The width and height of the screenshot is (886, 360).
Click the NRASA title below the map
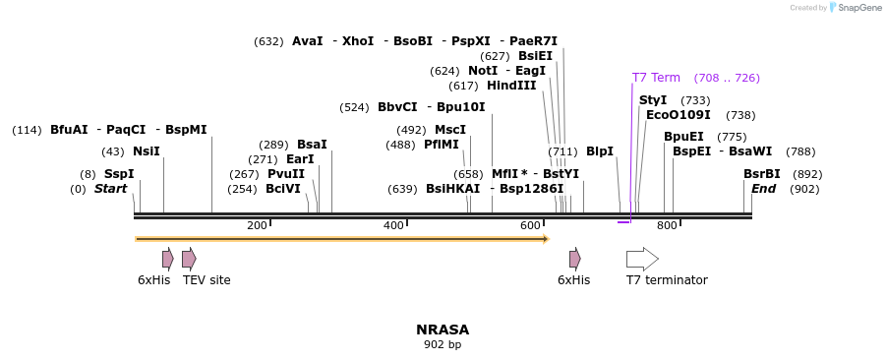[443, 330]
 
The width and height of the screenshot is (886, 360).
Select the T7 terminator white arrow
[642, 259]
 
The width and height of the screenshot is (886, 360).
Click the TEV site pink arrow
[189, 259]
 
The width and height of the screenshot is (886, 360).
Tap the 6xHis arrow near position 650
[574, 259]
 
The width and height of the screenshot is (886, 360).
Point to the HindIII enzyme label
[511, 86]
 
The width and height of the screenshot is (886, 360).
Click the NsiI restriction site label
[146, 151]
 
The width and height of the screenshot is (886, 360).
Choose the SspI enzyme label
[119, 174]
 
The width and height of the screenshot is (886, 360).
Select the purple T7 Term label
[656, 78]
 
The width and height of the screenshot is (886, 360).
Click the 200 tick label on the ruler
[257, 226]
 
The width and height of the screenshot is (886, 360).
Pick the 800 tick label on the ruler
[667, 226]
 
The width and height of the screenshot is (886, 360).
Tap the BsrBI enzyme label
[762, 174]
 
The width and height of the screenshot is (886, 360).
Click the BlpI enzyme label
[600, 151]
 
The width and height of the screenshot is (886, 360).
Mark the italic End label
[764, 189]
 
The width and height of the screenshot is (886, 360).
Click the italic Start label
[111, 189]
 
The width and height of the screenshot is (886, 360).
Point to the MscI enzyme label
[450, 130]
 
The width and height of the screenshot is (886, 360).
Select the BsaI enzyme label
[312, 145]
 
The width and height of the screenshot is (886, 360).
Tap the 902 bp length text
[443, 345]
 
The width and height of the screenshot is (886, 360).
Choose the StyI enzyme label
[653, 100]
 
